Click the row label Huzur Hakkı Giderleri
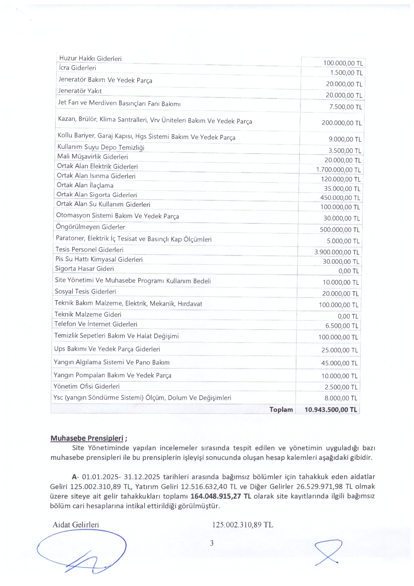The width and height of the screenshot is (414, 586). click(x=90, y=58)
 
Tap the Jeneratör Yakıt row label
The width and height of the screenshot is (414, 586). click(x=80, y=91)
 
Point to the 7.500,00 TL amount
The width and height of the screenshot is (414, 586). click(x=346, y=107)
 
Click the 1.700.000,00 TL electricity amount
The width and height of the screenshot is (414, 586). click(x=338, y=170)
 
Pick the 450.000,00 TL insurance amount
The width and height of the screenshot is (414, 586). click(x=340, y=198)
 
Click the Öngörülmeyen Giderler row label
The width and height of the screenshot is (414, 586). click(x=90, y=227)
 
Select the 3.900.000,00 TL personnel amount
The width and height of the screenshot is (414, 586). click(x=337, y=252)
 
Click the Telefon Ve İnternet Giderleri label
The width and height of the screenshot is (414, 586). click(x=95, y=324)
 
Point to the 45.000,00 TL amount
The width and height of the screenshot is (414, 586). click(x=339, y=363)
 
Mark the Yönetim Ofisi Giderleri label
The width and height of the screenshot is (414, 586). click(x=86, y=386)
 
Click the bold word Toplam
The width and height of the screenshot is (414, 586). click(x=281, y=410)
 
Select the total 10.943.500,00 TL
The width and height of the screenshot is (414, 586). click(x=331, y=410)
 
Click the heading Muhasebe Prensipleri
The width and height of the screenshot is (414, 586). click(x=87, y=438)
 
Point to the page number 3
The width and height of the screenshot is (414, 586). click(x=212, y=543)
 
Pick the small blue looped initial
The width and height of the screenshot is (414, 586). click(x=329, y=552)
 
